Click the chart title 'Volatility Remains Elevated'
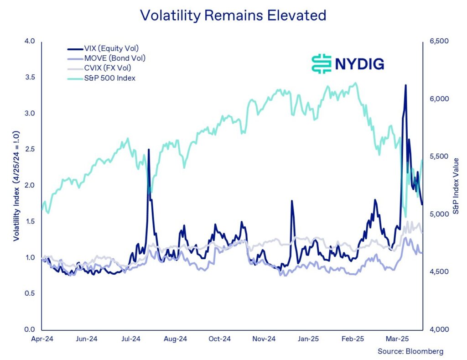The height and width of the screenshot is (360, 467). point(233,15)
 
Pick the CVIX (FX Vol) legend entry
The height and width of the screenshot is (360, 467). point(108,68)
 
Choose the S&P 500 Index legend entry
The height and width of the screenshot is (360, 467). point(109,78)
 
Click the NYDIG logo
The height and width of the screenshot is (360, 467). point(348,63)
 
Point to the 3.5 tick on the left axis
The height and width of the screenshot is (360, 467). point(30,77)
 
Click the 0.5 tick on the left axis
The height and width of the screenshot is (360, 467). point(30,293)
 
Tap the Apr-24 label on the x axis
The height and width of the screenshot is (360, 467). point(42,339)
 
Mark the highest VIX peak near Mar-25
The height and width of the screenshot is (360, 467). point(405,85)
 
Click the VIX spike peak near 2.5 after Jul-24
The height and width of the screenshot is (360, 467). point(149,150)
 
